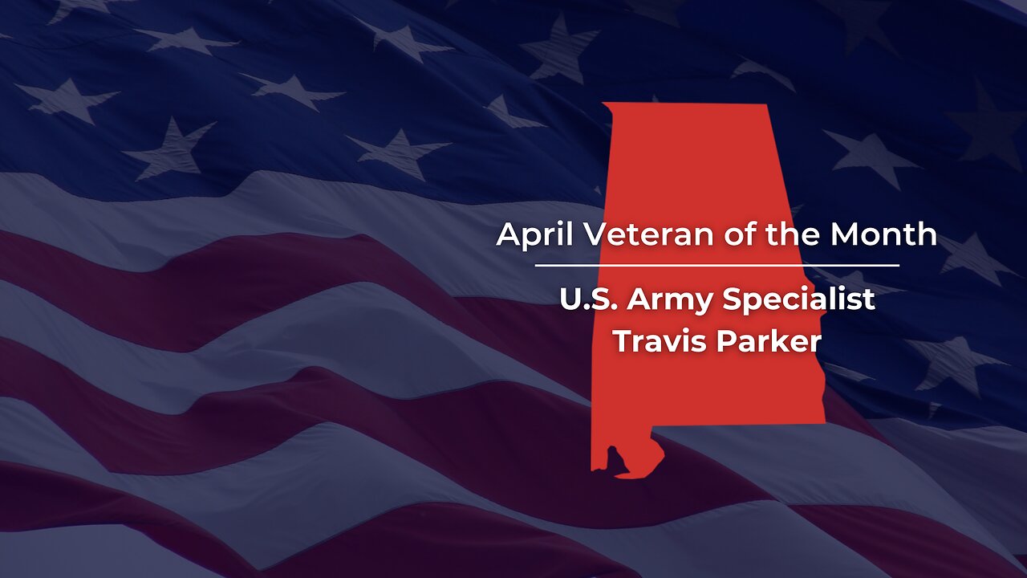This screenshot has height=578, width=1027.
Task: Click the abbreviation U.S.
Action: (x=589, y=299)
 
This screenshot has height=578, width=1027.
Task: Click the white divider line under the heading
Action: (x=716, y=264)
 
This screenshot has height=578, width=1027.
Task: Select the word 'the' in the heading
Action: (x=797, y=234)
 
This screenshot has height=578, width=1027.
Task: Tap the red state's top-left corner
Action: (x=605, y=105)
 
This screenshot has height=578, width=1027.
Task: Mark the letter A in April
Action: (x=507, y=234)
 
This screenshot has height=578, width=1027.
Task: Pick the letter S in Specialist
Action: (x=731, y=299)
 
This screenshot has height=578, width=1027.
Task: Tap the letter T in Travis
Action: (x=623, y=341)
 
